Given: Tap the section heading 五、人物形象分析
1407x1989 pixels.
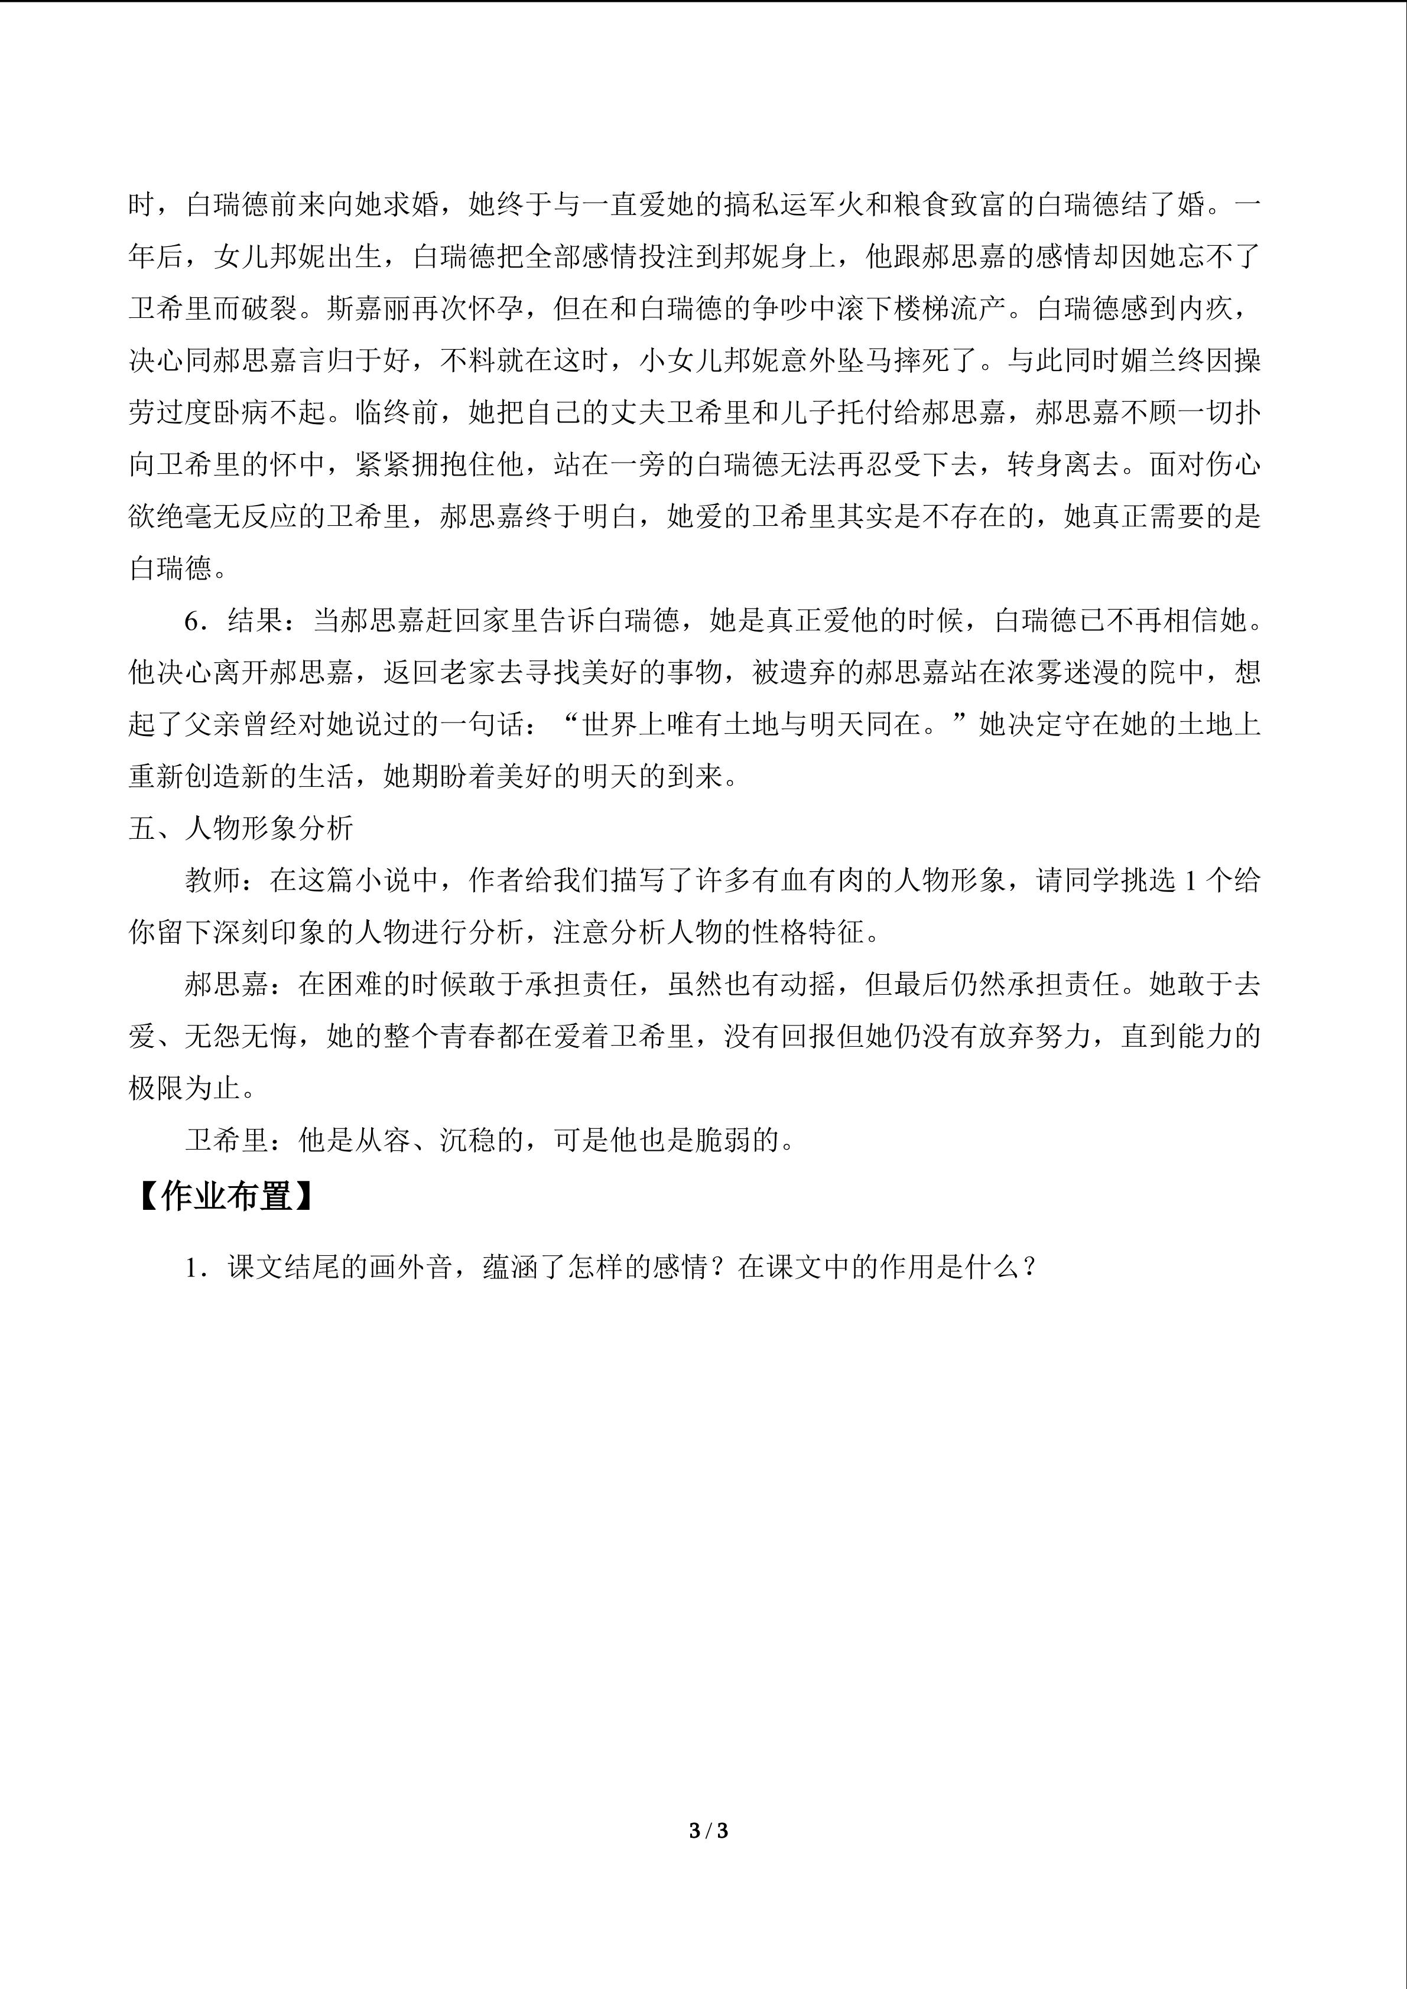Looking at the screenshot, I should tap(241, 828).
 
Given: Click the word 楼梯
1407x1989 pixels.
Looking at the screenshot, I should tap(921, 308).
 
